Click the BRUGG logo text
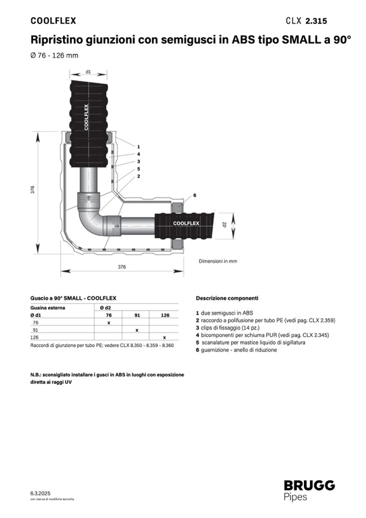click(309, 486)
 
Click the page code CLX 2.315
click(306, 21)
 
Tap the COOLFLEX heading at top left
click(53, 21)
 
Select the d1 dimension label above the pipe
click(88, 72)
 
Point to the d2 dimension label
click(225, 224)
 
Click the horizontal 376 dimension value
click(122, 267)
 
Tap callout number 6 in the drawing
click(195, 195)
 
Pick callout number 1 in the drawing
click(139, 147)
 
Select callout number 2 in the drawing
click(139, 176)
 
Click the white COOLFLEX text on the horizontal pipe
click(186, 223)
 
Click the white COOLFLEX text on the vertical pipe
click(86, 117)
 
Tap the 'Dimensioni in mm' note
click(218, 261)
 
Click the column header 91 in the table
click(137, 315)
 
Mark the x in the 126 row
click(164, 337)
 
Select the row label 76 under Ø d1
click(36, 322)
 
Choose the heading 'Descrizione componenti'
click(227, 298)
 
